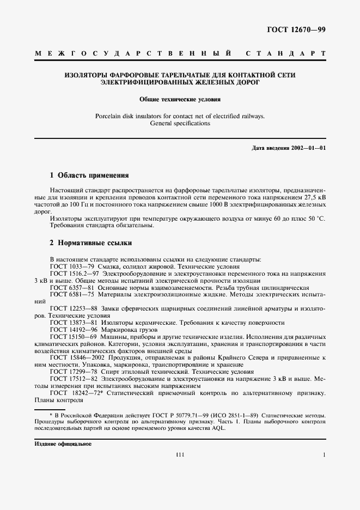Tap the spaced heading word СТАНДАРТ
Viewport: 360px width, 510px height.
click(286, 54)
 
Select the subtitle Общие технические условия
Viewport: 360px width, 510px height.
click(180, 100)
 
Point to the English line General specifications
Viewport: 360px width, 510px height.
click(180, 124)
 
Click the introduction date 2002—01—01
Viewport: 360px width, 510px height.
click(308, 148)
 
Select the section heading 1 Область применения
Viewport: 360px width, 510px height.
click(89, 175)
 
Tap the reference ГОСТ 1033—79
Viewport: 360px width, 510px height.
click(72, 267)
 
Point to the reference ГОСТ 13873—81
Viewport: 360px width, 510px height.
click(75, 323)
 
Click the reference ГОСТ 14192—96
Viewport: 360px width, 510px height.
click(75, 330)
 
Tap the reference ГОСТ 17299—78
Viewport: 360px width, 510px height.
click(75, 372)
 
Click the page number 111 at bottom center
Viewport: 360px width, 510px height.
click(180, 454)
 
